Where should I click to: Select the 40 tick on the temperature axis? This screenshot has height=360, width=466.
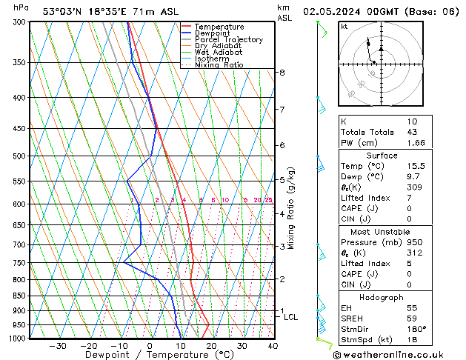pyautogui.click(x=273, y=345)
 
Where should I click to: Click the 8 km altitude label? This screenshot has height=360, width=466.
pyautogui.click(x=282, y=73)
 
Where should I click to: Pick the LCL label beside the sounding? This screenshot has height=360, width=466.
pyautogui.click(x=291, y=317)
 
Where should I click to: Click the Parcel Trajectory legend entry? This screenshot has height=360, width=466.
pyautogui.click(x=228, y=40)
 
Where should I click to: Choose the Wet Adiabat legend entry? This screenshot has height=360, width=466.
pyautogui.click(x=219, y=53)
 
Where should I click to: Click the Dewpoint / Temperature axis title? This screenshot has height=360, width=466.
pyautogui.click(x=150, y=356)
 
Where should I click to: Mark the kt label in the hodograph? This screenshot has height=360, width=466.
pyautogui.click(x=344, y=26)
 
